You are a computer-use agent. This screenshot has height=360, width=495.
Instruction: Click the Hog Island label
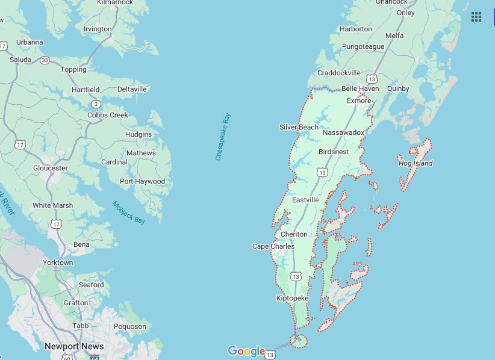pos(416,163)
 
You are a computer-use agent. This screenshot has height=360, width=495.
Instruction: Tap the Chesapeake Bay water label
pos(223,137)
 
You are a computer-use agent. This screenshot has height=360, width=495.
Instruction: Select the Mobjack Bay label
pos(129,213)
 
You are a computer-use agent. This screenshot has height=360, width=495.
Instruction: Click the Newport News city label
pos(74,346)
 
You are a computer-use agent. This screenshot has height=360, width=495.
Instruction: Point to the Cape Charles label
pos(273,246)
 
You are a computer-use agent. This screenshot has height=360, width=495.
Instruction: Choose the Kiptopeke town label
pos(292,299)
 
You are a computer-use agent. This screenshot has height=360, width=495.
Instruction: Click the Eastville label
pos(305,200)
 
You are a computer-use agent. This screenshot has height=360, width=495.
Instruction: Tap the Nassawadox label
pos(343,132)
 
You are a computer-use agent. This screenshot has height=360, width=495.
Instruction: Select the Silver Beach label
pos(299,127)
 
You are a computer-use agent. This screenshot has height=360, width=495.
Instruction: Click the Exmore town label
pos(359,101)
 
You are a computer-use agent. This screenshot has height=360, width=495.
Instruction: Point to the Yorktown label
pos(58,262)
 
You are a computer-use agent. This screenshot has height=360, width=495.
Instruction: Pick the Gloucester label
pos(51,168)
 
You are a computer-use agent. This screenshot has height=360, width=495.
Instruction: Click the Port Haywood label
pos(142,181)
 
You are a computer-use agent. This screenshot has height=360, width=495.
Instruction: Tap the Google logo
pos(246,351)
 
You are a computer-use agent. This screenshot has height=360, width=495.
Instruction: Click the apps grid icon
pos(476,17)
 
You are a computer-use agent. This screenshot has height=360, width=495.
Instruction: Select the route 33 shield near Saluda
pos(45,60)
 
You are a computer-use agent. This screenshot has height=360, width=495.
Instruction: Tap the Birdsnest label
pos(334,152)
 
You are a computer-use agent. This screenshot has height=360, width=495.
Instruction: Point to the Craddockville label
pos(338,73)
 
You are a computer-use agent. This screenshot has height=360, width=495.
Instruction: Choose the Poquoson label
pos(130,326)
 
